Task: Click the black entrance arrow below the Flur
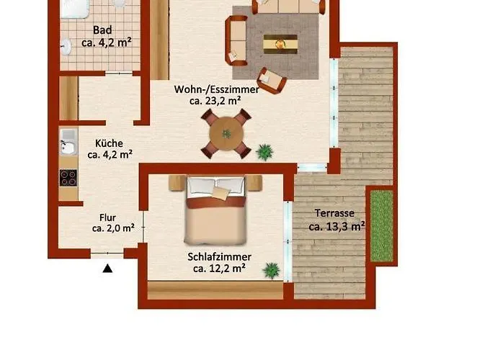pos(107,269)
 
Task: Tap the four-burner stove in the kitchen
pos(68,178)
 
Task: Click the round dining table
pos(226,134)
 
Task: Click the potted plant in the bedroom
pos(271,270)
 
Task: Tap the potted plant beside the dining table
pos(264,153)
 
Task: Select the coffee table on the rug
pos(280,44)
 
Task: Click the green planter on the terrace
pos(382,226)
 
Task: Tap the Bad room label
pos(102,30)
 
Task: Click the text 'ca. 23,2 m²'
pos(215,101)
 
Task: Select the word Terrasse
pos(334,213)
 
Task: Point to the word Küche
pos(109,143)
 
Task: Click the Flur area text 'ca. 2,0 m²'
pos(113,228)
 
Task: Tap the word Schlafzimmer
pos(219,257)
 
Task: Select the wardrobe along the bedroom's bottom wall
pos(215,290)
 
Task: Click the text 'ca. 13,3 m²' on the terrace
pos(337,226)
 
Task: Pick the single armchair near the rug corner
pos(271,81)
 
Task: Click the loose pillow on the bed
pos(221,193)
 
